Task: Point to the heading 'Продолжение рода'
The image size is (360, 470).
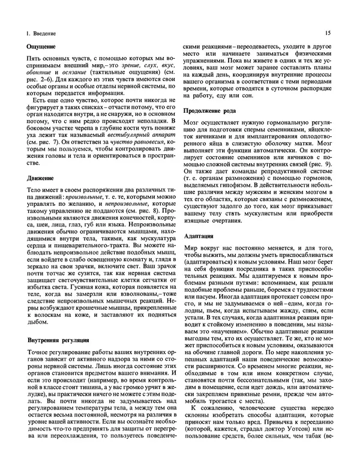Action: (x=209, y=111)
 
